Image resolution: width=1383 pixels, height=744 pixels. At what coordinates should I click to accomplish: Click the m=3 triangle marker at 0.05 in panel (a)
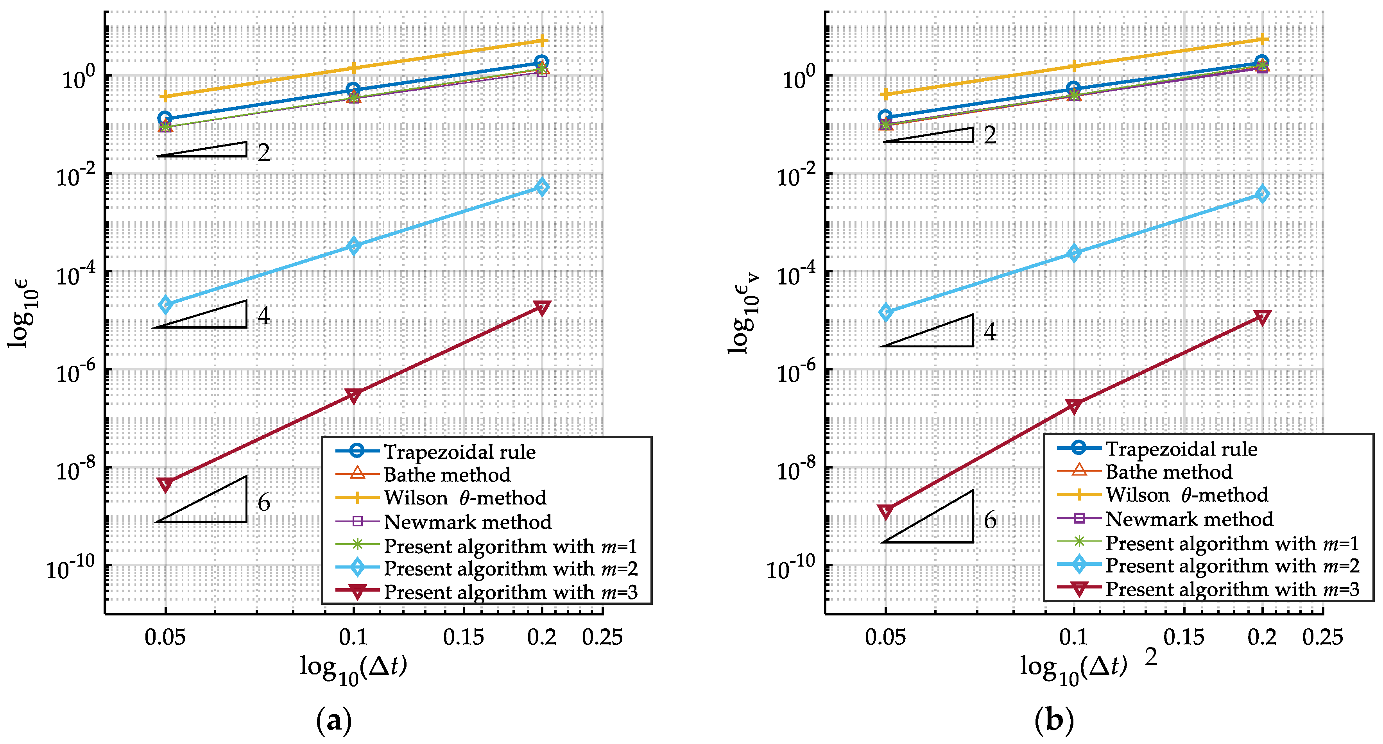pyautogui.click(x=165, y=484)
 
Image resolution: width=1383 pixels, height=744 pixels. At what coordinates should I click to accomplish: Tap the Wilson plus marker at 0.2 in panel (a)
pyautogui.click(x=542, y=41)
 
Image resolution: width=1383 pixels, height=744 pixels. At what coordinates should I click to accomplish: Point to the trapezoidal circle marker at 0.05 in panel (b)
pyautogui.click(x=885, y=116)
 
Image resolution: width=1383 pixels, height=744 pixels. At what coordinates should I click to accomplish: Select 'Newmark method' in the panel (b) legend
pyautogui.click(x=1189, y=519)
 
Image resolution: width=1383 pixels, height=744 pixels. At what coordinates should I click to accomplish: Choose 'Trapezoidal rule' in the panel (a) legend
pyautogui.click(x=459, y=452)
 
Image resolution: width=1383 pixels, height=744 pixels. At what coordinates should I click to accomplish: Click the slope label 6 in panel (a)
pyautogui.click(x=263, y=503)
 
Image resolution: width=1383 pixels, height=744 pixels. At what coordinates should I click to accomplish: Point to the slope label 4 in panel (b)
pyautogui.click(x=989, y=332)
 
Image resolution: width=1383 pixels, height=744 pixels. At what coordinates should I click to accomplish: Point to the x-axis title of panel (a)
pyautogui.click(x=353, y=668)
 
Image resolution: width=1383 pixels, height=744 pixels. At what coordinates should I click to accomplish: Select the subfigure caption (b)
pyautogui.click(x=1054, y=721)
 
